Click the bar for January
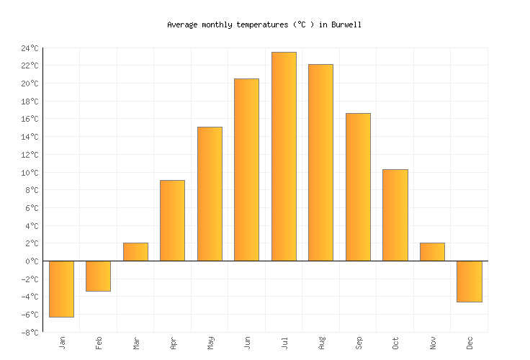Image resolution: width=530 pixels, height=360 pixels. [x=61, y=289]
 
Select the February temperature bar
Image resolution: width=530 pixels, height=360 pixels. [x=98, y=276]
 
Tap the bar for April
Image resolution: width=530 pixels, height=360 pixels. [x=172, y=220]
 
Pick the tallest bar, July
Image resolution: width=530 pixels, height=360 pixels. [x=284, y=156]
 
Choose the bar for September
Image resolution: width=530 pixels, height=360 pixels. [x=358, y=187]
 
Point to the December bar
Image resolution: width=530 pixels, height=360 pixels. [x=469, y=281]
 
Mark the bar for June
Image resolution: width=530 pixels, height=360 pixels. [x=246, y=169]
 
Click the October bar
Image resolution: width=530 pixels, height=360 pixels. [x=395, y=215]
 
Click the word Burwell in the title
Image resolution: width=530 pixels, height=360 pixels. [x=346, y=24]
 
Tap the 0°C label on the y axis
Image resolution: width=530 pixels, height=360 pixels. [x=31, y=261]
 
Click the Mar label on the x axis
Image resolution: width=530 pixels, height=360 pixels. [x=135, y=343]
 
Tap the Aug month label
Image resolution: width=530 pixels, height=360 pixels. [x=320, y=343]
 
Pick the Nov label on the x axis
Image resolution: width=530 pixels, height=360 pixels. [x=432, y=343]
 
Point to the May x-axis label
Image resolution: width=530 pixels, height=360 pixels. [x=210, y=343]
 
